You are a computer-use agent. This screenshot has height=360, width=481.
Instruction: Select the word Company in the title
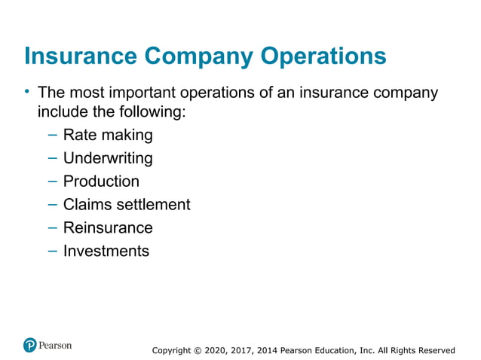point(200,56)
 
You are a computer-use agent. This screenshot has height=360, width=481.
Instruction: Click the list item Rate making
point(108,136)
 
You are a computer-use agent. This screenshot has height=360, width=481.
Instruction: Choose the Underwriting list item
point(108,158)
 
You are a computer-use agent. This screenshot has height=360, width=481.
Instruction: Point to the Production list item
point(101,182)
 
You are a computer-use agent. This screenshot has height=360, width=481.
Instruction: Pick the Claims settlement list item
point(127,204)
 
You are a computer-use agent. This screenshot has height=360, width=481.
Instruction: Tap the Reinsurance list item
point(108,227)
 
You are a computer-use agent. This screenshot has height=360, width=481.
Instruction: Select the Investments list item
point(106,251)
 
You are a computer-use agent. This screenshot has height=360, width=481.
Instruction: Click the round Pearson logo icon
point(30,346)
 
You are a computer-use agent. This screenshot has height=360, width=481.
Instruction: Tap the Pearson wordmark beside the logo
point(56,346)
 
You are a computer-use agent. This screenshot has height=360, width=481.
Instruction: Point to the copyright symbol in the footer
point(198,350)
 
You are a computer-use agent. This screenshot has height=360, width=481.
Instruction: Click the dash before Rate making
point(51,136)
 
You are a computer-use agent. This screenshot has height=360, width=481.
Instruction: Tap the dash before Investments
point(51,251)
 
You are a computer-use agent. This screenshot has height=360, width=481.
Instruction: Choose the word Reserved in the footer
point(434,350)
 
